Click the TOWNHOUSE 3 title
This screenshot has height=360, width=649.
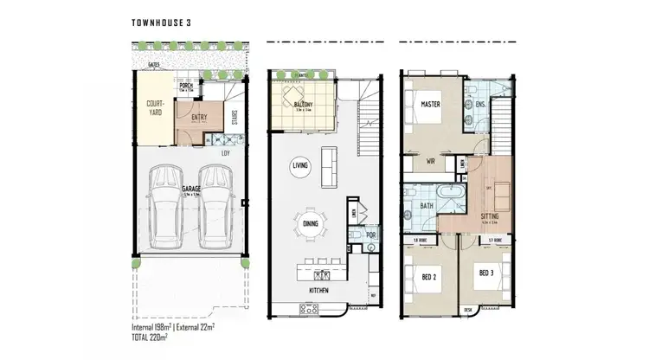163,22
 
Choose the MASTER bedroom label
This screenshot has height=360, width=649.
431,105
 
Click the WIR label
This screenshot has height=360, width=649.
430,159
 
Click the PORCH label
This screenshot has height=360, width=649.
185,86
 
